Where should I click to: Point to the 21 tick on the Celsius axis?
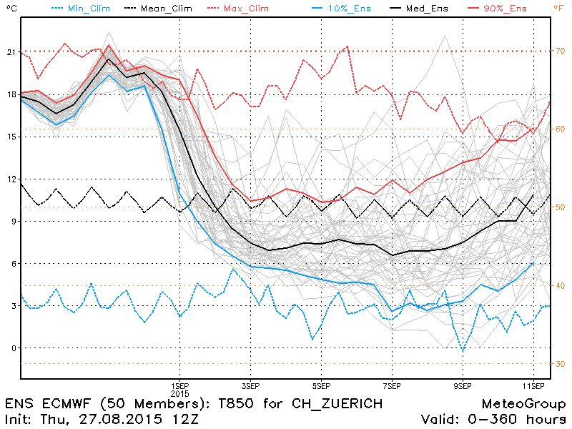(x=9, y=52)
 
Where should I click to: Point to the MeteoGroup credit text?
(x=524, y=404)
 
